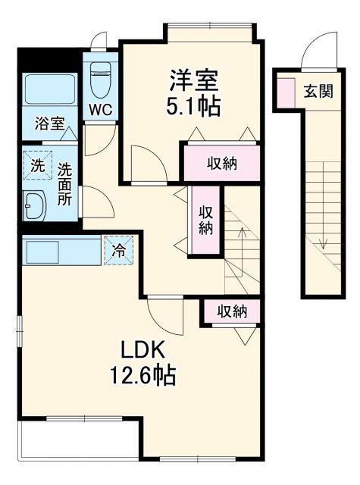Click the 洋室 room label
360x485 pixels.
pyautogui.click(x=194, y=80)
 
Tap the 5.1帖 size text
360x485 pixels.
pyautogui.click(x=194, y=105)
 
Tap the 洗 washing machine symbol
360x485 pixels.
pyautogui.click(x=37, y=166)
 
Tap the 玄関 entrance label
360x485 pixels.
pyautogui.click(x=318, y=92)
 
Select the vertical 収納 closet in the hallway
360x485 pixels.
pyautogui.click(x=205, y=220)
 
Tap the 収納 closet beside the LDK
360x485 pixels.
pyautogui.click(x=230, y=311)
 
